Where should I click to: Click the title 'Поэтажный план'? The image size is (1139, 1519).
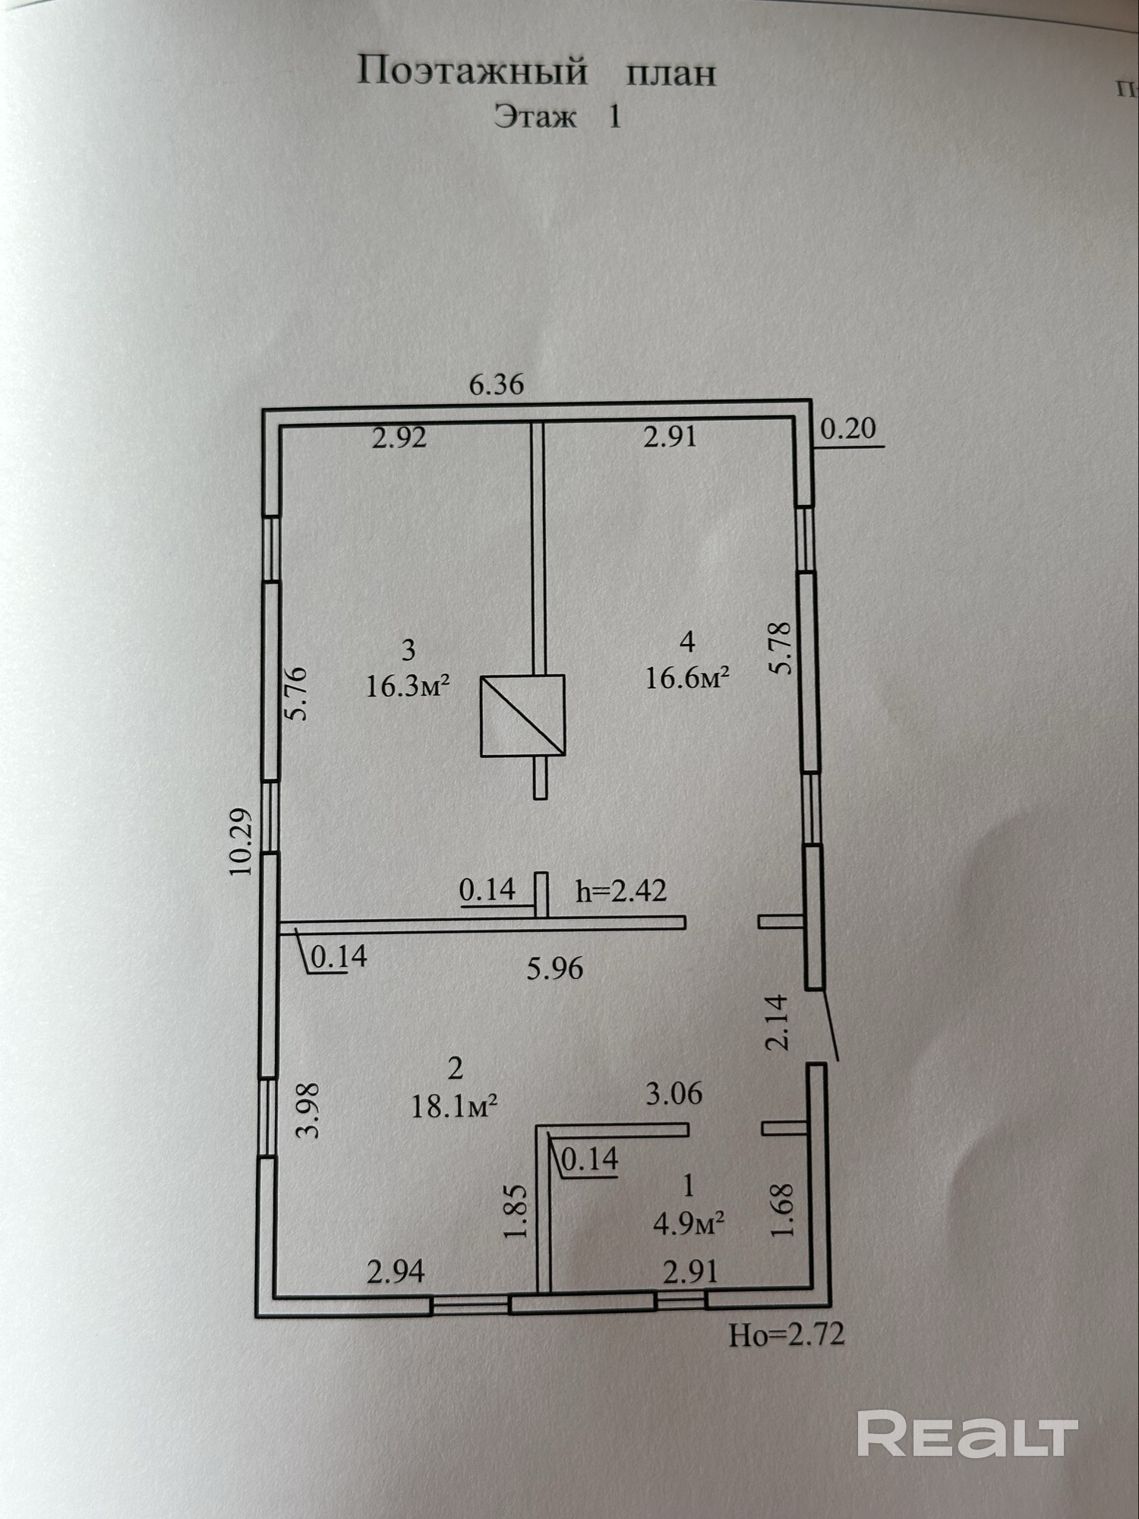536,73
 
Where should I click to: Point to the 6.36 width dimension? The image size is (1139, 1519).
497,384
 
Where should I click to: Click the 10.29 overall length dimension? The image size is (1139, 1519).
241,841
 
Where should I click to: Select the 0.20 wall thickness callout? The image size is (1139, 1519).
848,429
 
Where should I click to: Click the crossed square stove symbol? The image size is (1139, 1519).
522,715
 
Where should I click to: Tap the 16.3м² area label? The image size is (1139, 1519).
409,687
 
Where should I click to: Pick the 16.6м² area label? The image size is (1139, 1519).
687,677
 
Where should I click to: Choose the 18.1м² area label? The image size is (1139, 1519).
454,1107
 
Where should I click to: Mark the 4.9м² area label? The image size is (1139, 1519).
688,1224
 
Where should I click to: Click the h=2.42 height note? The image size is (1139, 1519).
621,890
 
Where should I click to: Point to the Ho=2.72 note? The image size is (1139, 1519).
787,1334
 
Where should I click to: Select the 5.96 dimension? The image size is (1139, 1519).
555,968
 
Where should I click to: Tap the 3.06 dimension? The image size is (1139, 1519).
674,1094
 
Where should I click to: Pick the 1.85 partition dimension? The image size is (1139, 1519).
516,1211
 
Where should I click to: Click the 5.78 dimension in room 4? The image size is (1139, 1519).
781,648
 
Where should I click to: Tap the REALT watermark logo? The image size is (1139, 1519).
967,1433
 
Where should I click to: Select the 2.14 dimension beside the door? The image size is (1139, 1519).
778,1022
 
